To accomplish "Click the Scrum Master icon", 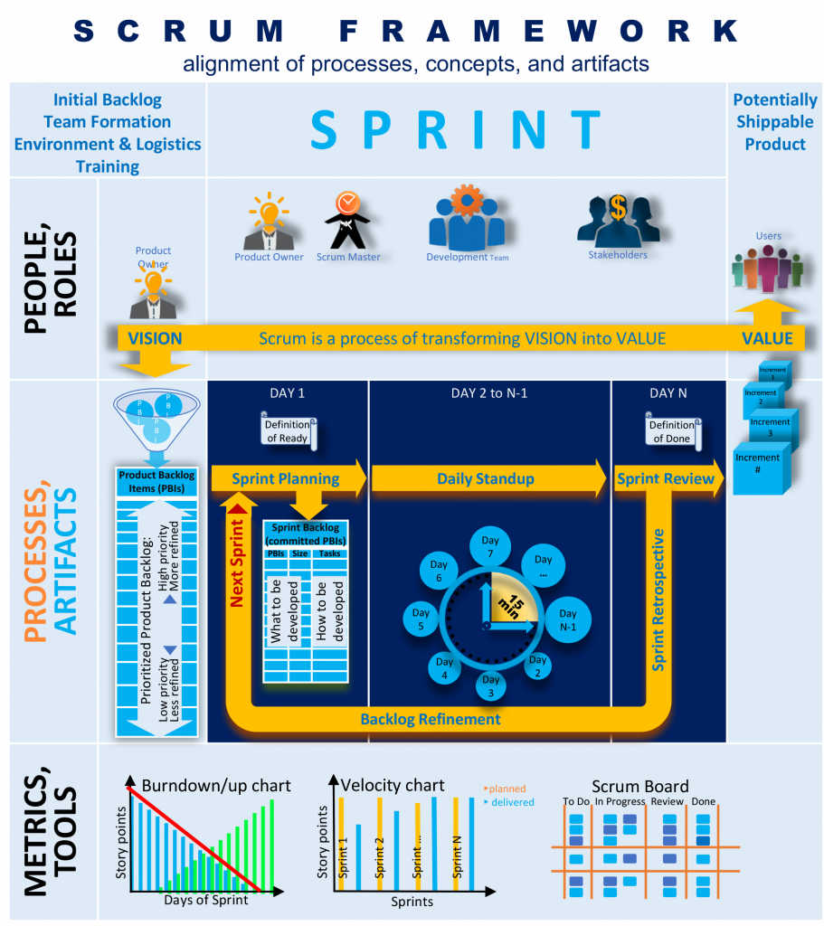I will pos(345,220).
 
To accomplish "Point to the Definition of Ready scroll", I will pos(287,430).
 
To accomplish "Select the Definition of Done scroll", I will pos(672,430).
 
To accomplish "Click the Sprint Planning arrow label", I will pos(285,478).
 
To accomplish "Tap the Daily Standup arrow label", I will pos(486,478).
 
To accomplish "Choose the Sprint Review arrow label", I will pos(665,478).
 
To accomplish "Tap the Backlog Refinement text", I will pos(430,719).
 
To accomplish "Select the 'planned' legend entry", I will pos(507,789).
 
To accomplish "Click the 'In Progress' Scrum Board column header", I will pos(620,801).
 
